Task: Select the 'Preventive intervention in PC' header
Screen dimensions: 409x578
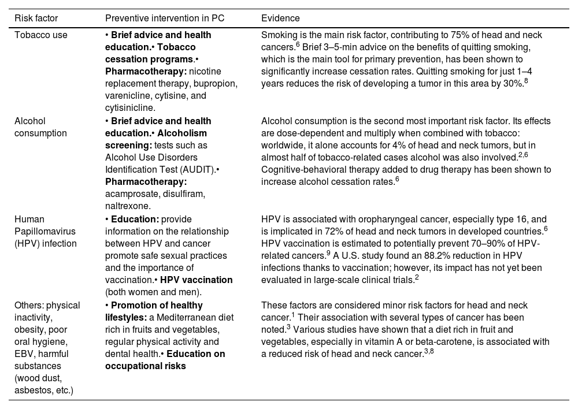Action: tap(164, 18)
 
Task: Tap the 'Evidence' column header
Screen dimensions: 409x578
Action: tap(280, 18)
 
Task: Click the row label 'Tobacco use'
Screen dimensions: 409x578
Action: tap(40, 35)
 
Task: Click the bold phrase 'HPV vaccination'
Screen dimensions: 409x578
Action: tap(197, 280)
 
